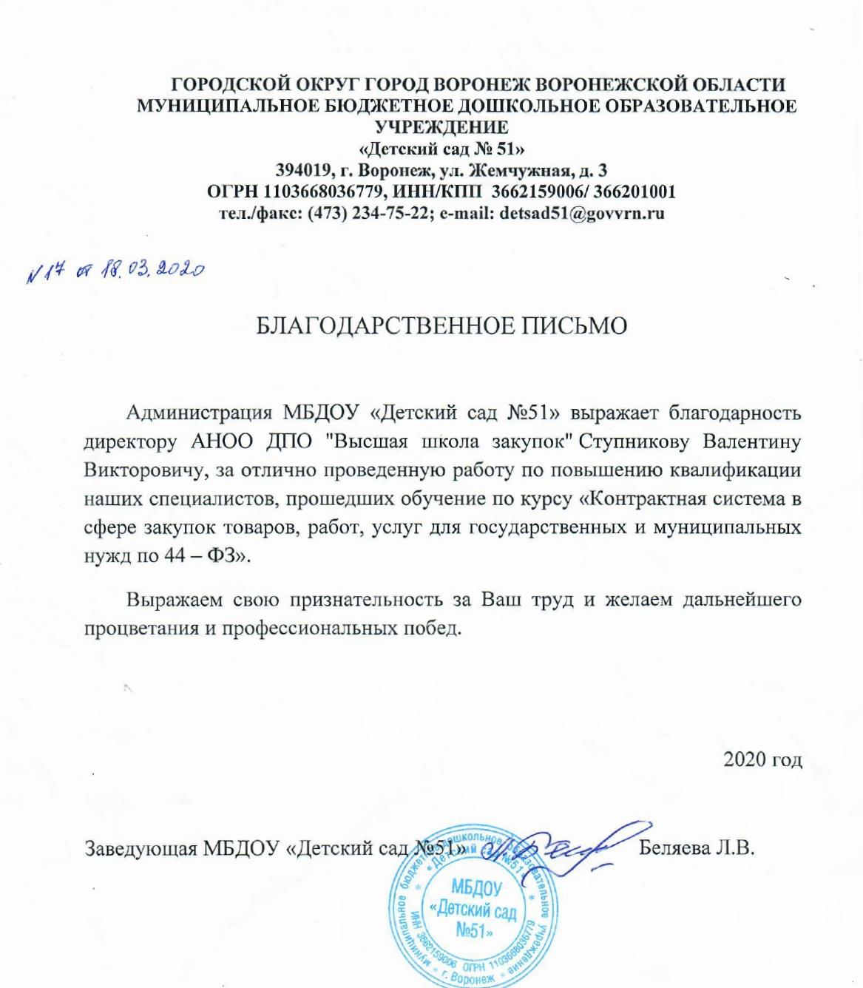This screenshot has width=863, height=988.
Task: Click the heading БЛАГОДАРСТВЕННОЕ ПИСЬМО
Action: tap(441, 327)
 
